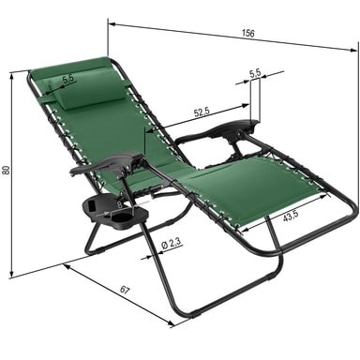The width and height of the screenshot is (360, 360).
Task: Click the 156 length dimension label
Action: pyautogui.click(x=248, y=33)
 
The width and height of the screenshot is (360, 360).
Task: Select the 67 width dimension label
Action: pyautogui.click(x=125, y=291)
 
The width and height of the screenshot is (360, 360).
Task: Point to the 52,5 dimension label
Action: pyautogui.click(x=202, y=112)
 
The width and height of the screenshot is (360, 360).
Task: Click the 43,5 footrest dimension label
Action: pyautogui.click(x=291, y=217)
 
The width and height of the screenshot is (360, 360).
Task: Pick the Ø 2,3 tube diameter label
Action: pyautogui.click(x=172, y=244)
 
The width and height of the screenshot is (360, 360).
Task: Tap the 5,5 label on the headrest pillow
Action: pyautogui.click(x=68, y=79)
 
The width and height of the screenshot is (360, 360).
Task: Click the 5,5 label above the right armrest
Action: pyautogui.click(x=255, y=73)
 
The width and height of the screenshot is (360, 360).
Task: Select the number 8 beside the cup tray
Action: pyautogui.click(x=120, y=204)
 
